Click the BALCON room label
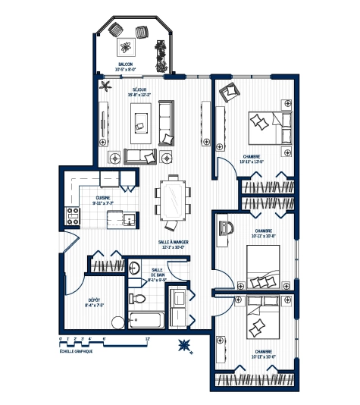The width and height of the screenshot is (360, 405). click(125, 64)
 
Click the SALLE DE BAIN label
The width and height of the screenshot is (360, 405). click(157, 273)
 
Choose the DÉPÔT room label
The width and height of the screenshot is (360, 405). click(95, 300)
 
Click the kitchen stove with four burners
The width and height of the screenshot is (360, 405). click(74, 215)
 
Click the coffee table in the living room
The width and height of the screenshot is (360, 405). click(140, 120)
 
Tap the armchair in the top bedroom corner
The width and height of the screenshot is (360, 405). click(227, 93)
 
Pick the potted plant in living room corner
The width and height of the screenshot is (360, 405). click(104, 86)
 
